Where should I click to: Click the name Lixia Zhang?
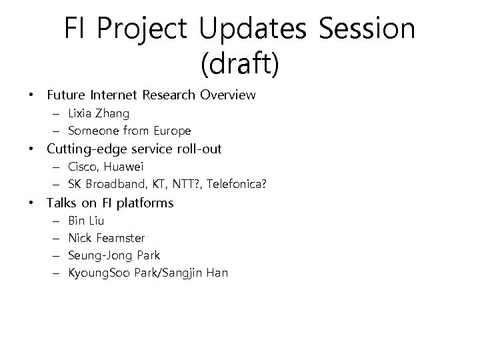(x=99, y=113)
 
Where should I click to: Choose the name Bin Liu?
(x=86, y=220)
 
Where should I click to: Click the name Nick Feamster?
(x=107, y=237)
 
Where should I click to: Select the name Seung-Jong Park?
(x=114, y=255)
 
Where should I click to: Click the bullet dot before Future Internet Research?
(x=32, y=95)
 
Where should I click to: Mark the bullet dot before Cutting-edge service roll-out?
(x=32, y=149)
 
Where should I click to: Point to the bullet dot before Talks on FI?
(x=32, y=203)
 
